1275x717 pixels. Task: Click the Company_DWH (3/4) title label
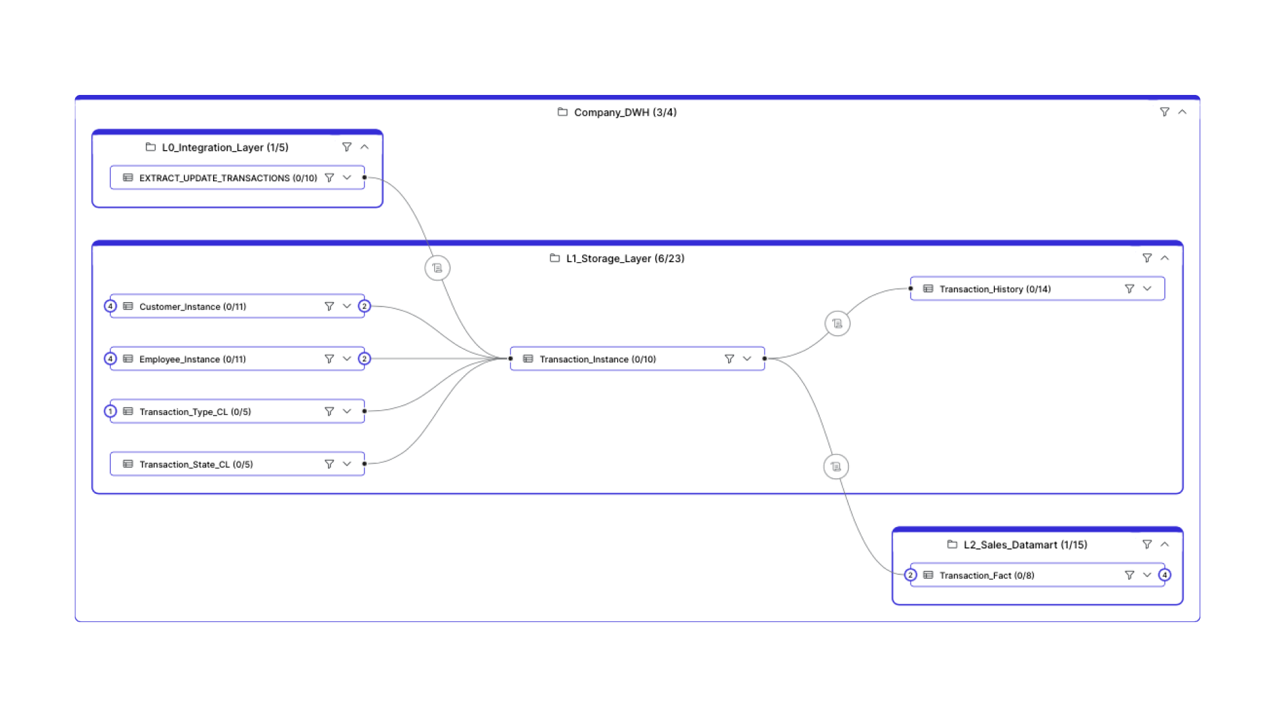625,112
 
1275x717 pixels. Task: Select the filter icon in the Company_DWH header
1164,112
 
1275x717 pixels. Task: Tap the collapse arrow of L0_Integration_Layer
364,147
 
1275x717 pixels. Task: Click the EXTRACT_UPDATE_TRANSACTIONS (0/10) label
228,178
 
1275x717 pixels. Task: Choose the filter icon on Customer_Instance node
329,306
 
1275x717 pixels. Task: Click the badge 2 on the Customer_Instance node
364,306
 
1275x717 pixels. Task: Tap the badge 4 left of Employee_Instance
110,359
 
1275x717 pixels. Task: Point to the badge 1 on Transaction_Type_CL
110,412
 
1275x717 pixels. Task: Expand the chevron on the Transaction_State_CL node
346,464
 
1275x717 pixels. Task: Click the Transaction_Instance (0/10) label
597,359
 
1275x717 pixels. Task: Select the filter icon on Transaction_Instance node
729,358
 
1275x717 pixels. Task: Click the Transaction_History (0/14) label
995,289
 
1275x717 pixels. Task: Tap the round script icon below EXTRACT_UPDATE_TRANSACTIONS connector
437,268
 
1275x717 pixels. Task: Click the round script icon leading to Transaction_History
838,323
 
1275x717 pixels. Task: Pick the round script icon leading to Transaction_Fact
836,467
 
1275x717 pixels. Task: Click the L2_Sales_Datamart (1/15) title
1025,544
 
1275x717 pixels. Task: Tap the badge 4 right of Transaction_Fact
1165,575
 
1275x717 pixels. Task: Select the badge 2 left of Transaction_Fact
911,575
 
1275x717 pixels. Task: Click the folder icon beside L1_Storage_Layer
555,258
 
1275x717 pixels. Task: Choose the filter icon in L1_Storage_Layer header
1147,258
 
